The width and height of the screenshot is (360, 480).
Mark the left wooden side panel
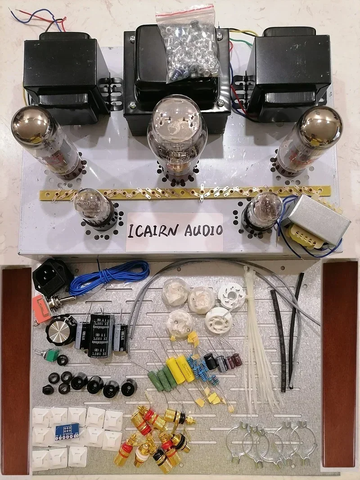coord(16,365)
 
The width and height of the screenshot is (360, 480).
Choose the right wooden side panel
coord(340,365)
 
